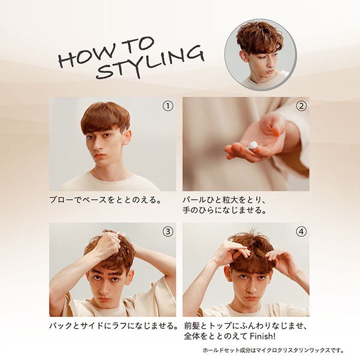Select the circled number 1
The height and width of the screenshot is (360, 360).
pos(168,106)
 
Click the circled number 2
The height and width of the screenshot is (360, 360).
pos(301,106)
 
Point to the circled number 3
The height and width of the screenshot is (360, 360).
pos(168,232)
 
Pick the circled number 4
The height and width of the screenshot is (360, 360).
pos(301,232)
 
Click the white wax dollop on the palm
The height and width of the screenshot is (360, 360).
pos(253,145)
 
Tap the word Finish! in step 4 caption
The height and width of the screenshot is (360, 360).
pos(262,337)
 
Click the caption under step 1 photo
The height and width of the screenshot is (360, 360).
pos(105,200)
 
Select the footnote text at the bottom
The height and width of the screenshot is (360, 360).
pos(274,350)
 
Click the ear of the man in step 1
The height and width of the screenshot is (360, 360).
pos(127,137)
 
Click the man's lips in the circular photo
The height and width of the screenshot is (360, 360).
pos(269,71)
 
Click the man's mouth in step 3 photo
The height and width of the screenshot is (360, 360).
pos(104,299)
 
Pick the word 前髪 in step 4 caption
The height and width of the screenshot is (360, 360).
pos(192,326)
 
